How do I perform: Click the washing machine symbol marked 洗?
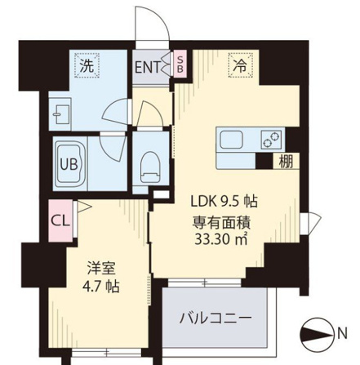click(x=87, y=65)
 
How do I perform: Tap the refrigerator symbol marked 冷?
click(x=241, y=65)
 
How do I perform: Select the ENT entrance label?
click(x=148, y=67)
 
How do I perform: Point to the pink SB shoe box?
click(x=180, y=64)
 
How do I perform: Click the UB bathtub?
click(x=69, y=163)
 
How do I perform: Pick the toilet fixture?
click(x=149, y=167)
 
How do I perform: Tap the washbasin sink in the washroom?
click(x=61, y=114)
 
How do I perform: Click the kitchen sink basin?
click(x=232, y=140)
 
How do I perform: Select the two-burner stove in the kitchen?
click(x=271, y=140)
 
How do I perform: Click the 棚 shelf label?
click(x=287, y=162)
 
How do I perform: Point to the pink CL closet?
click(x=61, y=221)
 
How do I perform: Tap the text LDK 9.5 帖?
click(x=224, y=202)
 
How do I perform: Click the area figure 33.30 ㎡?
click(x=221, y=239)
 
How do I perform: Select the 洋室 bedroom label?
click(x=101, y=268)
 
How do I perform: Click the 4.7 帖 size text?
click(x=101, y=287)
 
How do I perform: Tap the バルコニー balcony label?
click(x=215, y=318)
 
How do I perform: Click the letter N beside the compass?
click(x=343, y=334)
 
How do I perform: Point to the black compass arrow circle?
click(x=318, y=335)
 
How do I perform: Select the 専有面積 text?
click(x=221, y=223)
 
